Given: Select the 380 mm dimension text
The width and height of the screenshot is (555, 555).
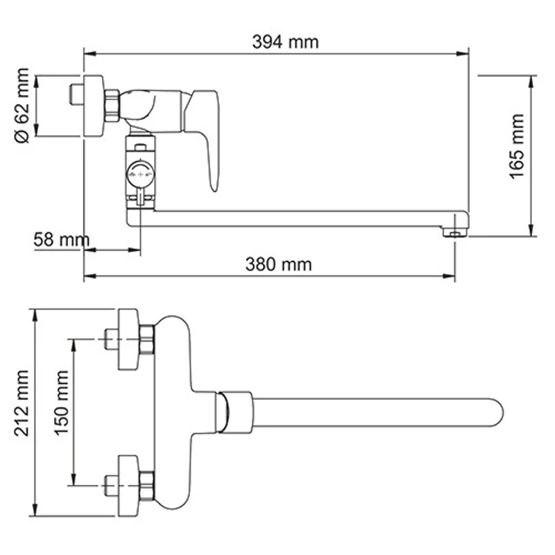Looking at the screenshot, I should (x=278, y=264).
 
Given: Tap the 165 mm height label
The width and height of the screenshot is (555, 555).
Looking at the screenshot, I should (x=518, y=147).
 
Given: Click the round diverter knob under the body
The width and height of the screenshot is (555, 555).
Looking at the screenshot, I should (x=141, y=174).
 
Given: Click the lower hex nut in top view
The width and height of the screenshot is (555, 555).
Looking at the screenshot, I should (x=146, y=485).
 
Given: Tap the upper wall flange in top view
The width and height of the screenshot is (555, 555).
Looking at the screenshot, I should (x=128, y=339).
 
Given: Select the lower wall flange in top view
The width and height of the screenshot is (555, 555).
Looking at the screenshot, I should (x=128, y=485).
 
